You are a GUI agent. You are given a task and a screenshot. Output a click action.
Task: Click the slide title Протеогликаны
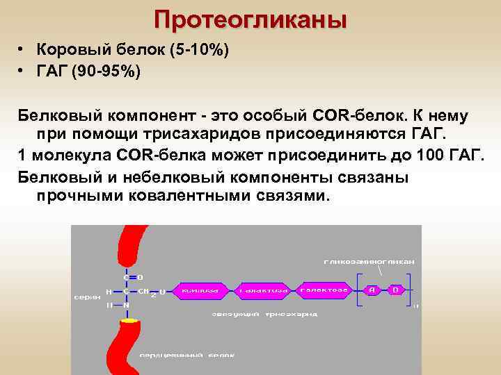click(x=250, y=19)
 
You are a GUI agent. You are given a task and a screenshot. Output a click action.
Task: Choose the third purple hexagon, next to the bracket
click(x=324, y=289)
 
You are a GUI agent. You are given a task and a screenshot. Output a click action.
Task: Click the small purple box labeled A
click(x=373, y=289)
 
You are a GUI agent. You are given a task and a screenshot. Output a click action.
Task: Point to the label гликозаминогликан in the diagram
click(x=369, y=262)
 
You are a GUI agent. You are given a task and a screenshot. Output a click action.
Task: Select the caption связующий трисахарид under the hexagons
click(x=264, y=314)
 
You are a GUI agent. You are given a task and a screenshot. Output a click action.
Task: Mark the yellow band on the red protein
click(x=129, y=321)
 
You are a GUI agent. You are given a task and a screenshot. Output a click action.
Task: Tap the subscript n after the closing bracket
click(x=415, y=305)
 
